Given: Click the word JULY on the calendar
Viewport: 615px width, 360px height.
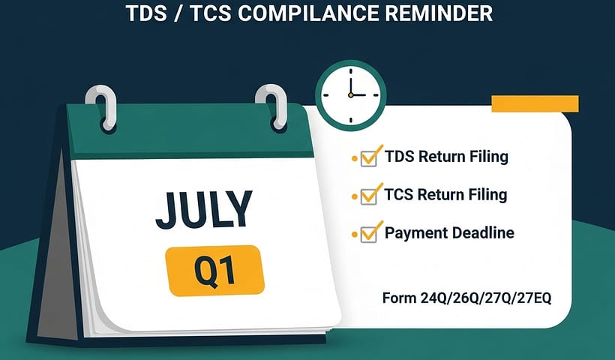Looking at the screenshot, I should (x=203, y=211).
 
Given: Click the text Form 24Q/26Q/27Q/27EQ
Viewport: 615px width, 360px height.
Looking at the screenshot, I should (x=466, y=298).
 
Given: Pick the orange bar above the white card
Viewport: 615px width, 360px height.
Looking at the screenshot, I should (x=534, y=103).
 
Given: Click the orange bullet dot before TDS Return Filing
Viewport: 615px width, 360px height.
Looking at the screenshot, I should (x=354, y=159).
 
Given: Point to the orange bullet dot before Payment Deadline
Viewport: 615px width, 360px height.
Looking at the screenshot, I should (x=354, y=235).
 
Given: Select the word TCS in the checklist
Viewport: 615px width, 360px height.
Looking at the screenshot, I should (x=400, y=195).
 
